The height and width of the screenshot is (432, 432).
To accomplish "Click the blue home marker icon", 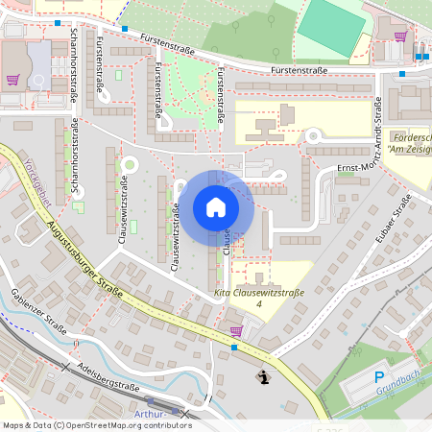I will click(216, 207).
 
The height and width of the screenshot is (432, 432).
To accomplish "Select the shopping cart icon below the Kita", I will click(236, 330).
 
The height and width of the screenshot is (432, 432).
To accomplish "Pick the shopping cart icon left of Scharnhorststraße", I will click(12, 81).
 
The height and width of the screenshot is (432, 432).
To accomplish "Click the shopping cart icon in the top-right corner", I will click(400, 36).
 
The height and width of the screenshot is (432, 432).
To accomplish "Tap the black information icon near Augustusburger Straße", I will click(264, 377).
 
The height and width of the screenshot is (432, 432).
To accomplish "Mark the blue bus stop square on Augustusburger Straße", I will click(235, 348).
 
